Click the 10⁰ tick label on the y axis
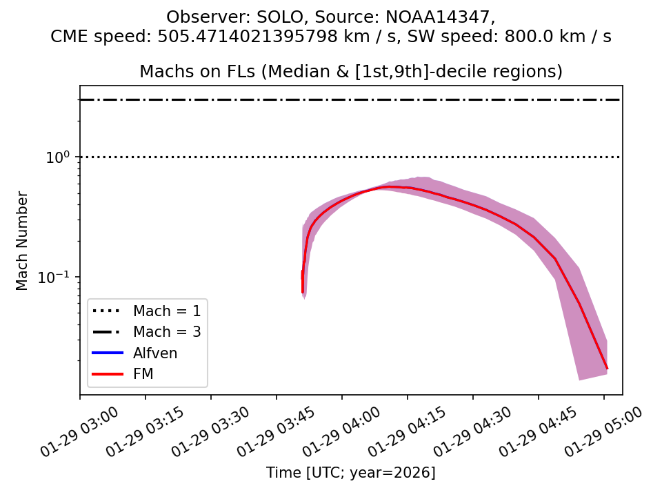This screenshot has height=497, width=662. pyautogui.click(x=59, y=157)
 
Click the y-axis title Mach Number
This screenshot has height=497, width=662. pyautogui.click(x=23, y=241)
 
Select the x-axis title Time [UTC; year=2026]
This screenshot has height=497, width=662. pyautogui.click(x=351, y=473)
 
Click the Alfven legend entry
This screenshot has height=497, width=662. pyautogui.click(x=155, y=353)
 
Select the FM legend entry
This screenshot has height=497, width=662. pyautogui.click(x=143, y=374)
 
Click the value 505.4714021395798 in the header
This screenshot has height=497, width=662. pyautogui.click(x=270, y=37)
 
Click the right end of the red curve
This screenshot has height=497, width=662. pyautogui.click(x=607, y=369)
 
